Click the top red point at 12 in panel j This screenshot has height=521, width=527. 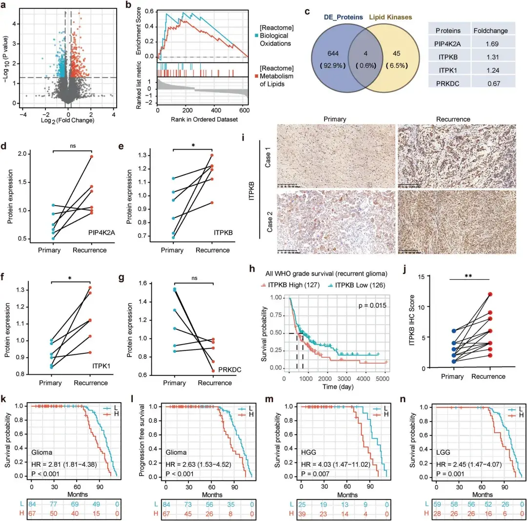489,294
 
